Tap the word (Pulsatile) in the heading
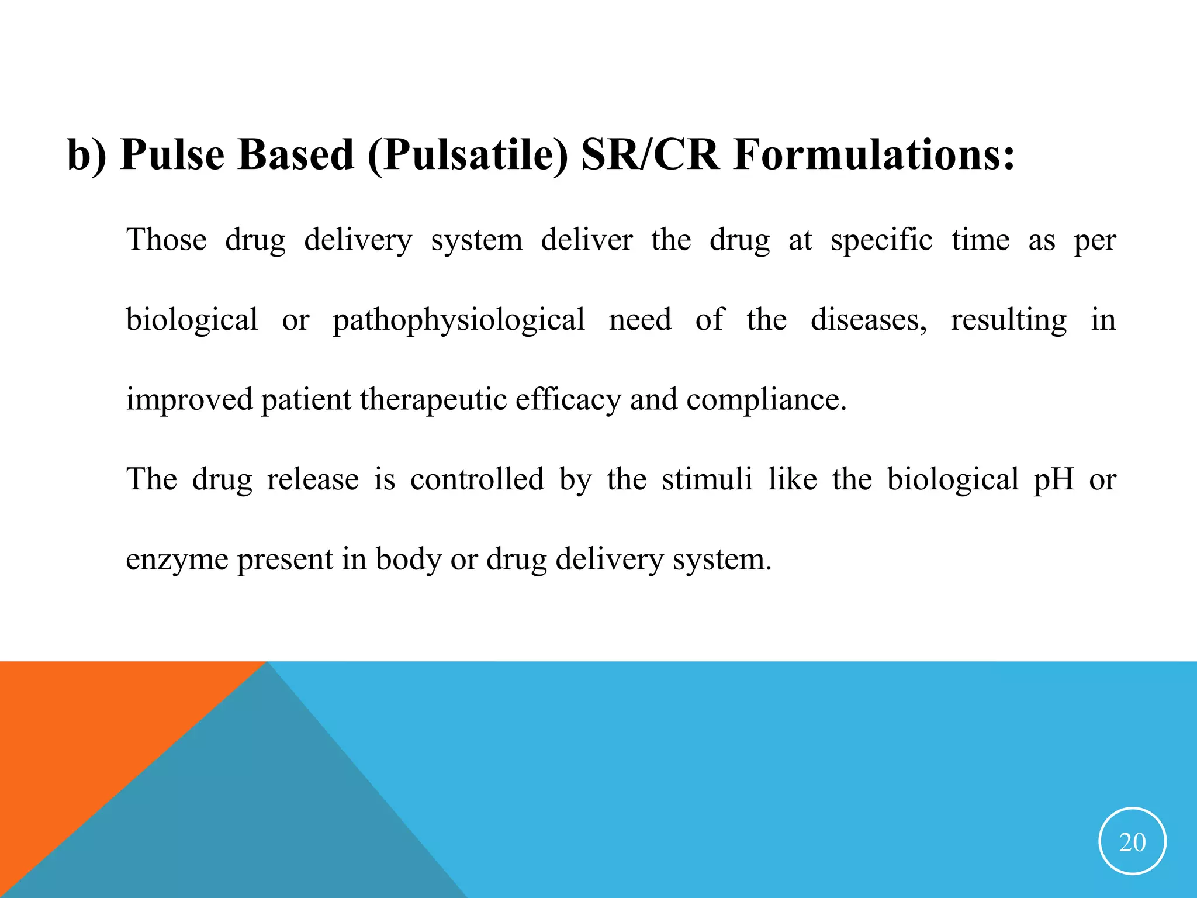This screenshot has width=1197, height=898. (468, 156)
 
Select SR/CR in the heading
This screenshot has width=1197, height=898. (650, 155)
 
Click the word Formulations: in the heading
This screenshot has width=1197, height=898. (874, 155)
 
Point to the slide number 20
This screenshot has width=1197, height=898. (1132, 842)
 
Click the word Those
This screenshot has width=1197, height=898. (167, 240)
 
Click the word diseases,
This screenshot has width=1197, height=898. (869, 320)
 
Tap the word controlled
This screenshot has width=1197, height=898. (477, 479)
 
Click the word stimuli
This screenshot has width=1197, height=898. (707, 479)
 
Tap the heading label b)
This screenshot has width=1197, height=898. (87, 155)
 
